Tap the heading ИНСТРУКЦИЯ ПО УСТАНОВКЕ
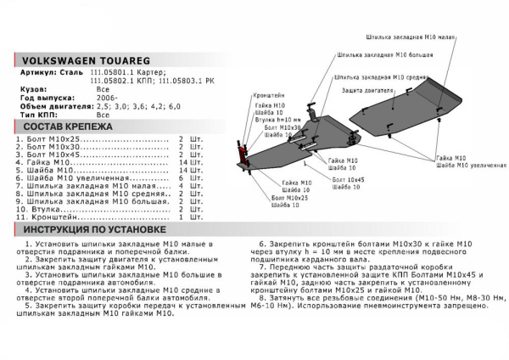point(94,230)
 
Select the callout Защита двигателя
point(367,90)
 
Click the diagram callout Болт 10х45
point(348,180)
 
